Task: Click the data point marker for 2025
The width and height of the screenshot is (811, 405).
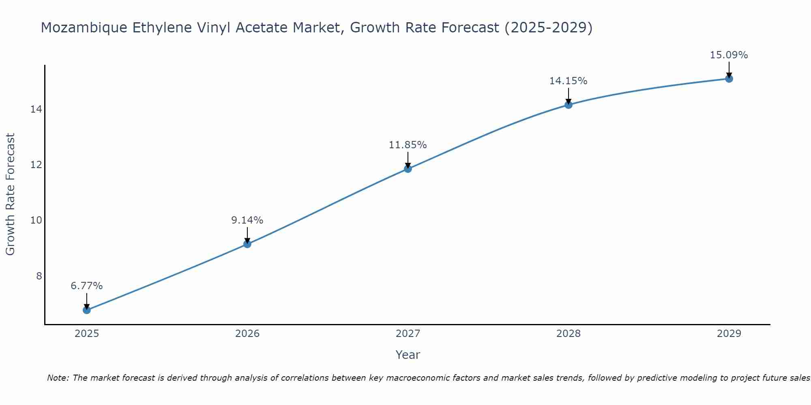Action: point(87,310)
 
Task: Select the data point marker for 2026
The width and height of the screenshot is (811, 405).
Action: point(247,244)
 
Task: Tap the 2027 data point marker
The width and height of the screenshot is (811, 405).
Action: point(408,168)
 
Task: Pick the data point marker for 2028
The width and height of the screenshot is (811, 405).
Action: point(569,104)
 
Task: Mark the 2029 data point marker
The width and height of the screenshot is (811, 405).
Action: point(729,79)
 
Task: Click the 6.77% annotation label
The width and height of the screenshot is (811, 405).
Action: point(87,286)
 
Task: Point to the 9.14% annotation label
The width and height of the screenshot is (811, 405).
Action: point(247,220)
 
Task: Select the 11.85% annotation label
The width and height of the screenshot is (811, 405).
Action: point(408,145)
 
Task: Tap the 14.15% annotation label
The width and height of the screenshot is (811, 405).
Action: point(569,81)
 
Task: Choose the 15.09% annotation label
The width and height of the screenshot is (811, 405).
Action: point(729,55)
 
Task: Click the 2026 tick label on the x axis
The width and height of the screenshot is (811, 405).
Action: point(247,334)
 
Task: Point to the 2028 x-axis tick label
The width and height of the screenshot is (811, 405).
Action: point(569,334)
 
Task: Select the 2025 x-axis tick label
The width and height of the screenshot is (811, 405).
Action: point(87,334)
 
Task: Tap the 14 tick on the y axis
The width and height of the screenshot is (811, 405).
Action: point(36,109)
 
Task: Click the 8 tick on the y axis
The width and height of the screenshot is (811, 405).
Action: point(39,276)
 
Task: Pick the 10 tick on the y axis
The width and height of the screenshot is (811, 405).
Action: point(36,220)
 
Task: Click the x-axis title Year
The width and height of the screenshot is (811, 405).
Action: point(408,355)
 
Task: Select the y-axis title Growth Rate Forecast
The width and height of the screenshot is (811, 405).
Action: point(11,194)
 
